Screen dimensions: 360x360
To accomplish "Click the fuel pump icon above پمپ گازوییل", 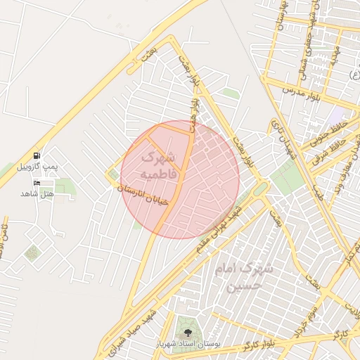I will click(36, 155).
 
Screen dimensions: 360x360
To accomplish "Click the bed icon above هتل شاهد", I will click(37, 182).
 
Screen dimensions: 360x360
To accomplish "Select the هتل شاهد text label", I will click(37, 193).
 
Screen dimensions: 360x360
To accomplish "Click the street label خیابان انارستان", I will click(143, 195).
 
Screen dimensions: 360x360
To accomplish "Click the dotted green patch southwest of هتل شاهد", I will click(32, 253).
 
